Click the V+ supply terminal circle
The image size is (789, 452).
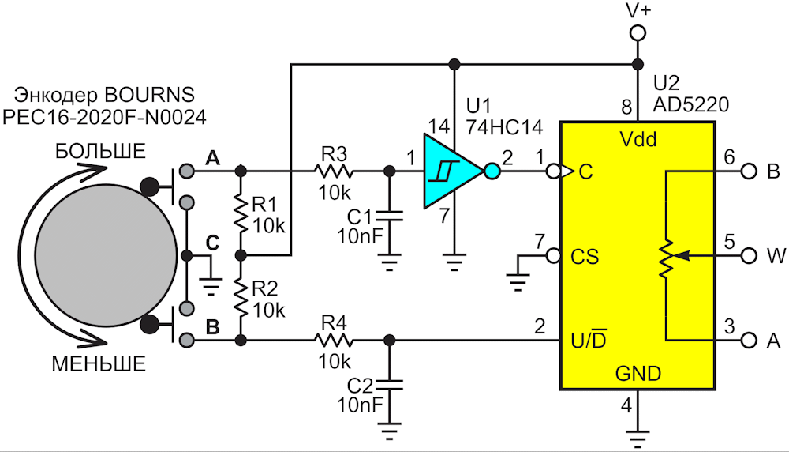(x=638, y=33)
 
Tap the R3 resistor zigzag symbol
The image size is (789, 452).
(x=334, y=171)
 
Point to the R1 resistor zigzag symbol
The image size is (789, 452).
(x=241, y=213)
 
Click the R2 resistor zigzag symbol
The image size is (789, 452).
(x=241, y=299)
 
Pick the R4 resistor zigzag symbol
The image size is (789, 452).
(x=334, y=341)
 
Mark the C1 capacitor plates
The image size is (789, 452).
(x=389, y=216)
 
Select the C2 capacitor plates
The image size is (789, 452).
(x=389, y=385)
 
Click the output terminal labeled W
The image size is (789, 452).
(x=749, y=256)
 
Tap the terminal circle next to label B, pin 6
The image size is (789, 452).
(x=749, y=171)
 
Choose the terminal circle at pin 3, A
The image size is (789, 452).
(x=749, y=341)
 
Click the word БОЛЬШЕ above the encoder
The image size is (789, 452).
(x=100, y=151)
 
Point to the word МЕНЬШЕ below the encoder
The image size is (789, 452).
(x=99, y=363)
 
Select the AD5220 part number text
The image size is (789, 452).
(x=691, y=105)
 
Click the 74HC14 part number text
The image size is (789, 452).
(x=504, y=127)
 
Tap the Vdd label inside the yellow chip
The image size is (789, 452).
(x=638, y=140)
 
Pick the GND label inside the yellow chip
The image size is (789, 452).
(x=638, y=374)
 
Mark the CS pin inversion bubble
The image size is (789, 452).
(x=554, y=256)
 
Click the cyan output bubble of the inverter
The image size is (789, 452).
(x=492, y=171)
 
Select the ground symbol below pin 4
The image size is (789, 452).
(x=638, y=439)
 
